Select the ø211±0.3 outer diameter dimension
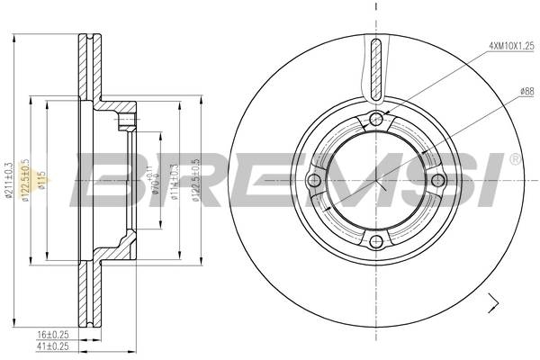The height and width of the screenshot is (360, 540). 10,181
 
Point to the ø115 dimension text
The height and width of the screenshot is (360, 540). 42,181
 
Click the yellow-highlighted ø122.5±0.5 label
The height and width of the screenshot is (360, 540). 26,181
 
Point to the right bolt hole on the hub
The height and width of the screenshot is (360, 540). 437,182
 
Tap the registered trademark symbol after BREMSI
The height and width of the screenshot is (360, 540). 514,159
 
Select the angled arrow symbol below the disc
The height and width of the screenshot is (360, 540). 492,303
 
